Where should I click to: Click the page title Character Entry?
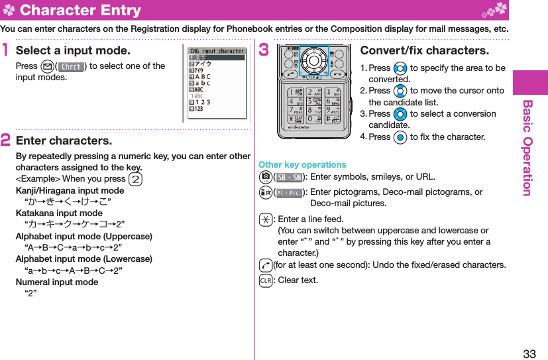tap(80, 10)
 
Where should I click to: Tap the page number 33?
tap(529, 353)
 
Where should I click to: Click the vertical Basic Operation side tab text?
tap(527, 148)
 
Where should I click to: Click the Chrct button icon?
tap(71, 66)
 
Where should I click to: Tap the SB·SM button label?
tap(287, 176)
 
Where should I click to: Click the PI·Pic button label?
tap(287, 192)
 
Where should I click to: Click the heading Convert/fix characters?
tap(424, 50)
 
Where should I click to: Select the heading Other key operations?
tap(302, 164)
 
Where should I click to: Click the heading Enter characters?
tap(64, 141)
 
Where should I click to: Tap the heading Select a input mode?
tap(73, 50)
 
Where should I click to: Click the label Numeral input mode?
tap(57, 282)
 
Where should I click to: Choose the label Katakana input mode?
tap(59, 213)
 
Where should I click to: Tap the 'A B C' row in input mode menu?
tap(203, 76)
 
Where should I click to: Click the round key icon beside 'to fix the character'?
tap(399, 137)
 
